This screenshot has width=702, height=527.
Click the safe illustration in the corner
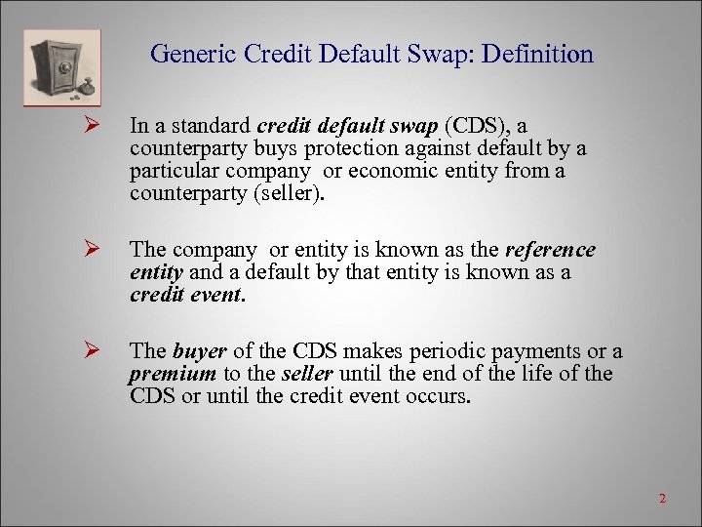(x=60, y=66)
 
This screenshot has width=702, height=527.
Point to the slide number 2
(x=662, y=499)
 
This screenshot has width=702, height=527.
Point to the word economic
(x=374, y=171)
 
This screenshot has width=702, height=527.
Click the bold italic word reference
(x=550, y=251)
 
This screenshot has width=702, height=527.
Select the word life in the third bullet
(x=532, y=374)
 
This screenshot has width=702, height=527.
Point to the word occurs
(x=444, y=396)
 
